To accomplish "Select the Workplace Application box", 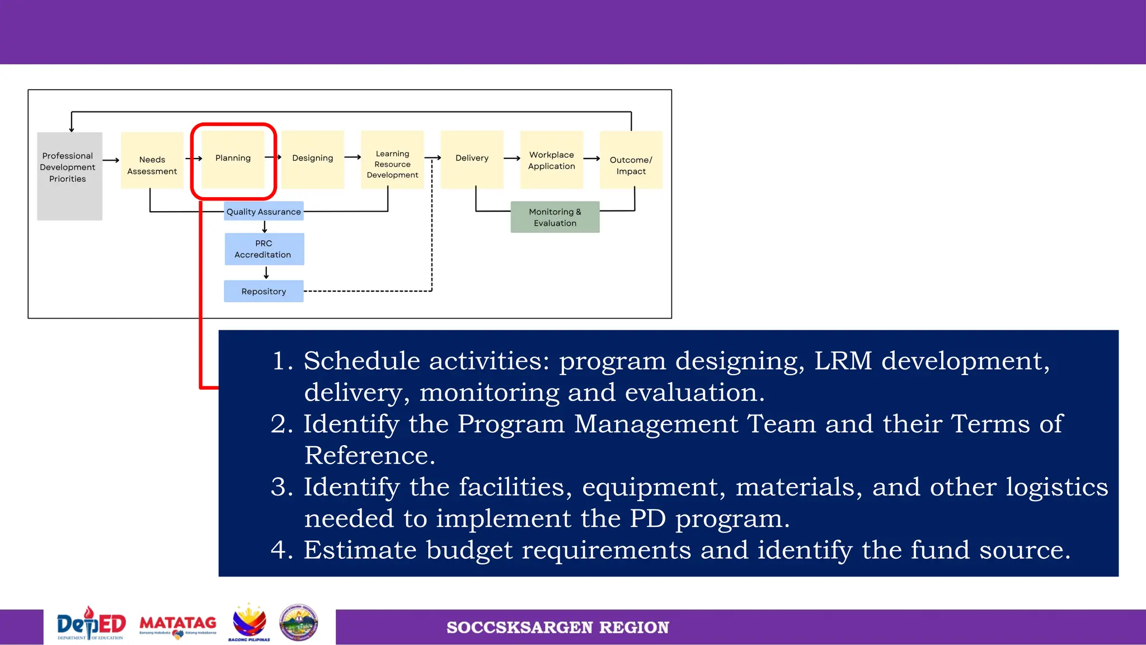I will (551, 160).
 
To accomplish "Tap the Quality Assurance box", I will (264, 211).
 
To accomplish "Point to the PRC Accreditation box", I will (264, 249).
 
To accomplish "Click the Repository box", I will (264, 291).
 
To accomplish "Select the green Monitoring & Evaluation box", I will (555, 217).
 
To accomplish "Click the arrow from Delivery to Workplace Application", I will (511, 158).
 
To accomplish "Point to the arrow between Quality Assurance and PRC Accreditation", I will (265, 227).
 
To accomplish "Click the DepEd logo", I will (91, 624).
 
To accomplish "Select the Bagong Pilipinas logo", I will (249, 623).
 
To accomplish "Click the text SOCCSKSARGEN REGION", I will (557, 628).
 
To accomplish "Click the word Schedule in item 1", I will (361, 361).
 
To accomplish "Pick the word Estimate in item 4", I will (360, 550).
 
